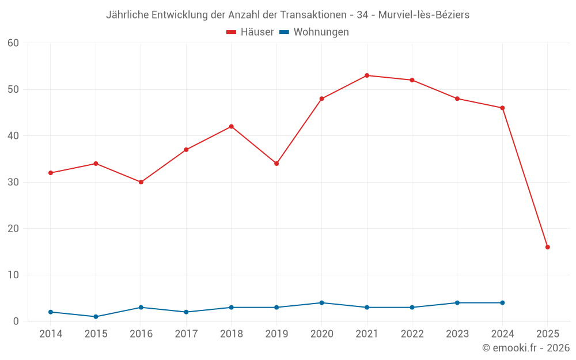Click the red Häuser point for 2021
coord(367,75)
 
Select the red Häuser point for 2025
coord(548,247)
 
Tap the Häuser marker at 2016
coord(141,182)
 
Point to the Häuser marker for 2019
coord(276,164)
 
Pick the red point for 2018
coord(232,127)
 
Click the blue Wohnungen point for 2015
coord(96,317)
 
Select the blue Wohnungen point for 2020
coord(321,303)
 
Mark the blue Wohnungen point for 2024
coord(502,303)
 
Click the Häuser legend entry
coord(250,32)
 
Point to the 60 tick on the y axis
coord(13,43)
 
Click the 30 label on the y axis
coord(13,182)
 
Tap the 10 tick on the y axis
coord(13,275)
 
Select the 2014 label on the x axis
coord(51,334)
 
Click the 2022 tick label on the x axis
coord(412,334)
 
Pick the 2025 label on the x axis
coord(548,334)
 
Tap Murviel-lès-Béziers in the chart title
coord(423,15)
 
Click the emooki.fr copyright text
coord(526,348)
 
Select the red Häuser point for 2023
coord(457,98)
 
